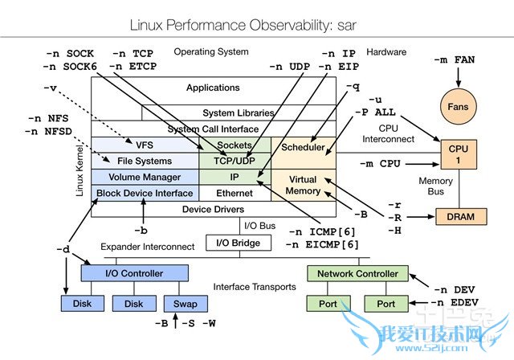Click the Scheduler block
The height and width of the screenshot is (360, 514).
coord(303,147)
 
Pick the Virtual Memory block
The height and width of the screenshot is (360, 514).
coord(302,185)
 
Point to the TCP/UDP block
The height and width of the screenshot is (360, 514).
coord(235,161)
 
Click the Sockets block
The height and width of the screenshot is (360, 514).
coord(235,145)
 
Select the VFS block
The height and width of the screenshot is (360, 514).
coord(145,145)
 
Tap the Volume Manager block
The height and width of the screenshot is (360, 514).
coord(145,177)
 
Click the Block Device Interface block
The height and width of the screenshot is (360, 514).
coord(145,193)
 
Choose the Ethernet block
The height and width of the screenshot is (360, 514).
coord(235,193)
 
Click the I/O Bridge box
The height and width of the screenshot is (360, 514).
coord(235,241)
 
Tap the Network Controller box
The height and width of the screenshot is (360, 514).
coord(357,273)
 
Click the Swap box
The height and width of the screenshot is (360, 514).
coord(185,304)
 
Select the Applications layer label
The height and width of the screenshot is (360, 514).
coord(213,88)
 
